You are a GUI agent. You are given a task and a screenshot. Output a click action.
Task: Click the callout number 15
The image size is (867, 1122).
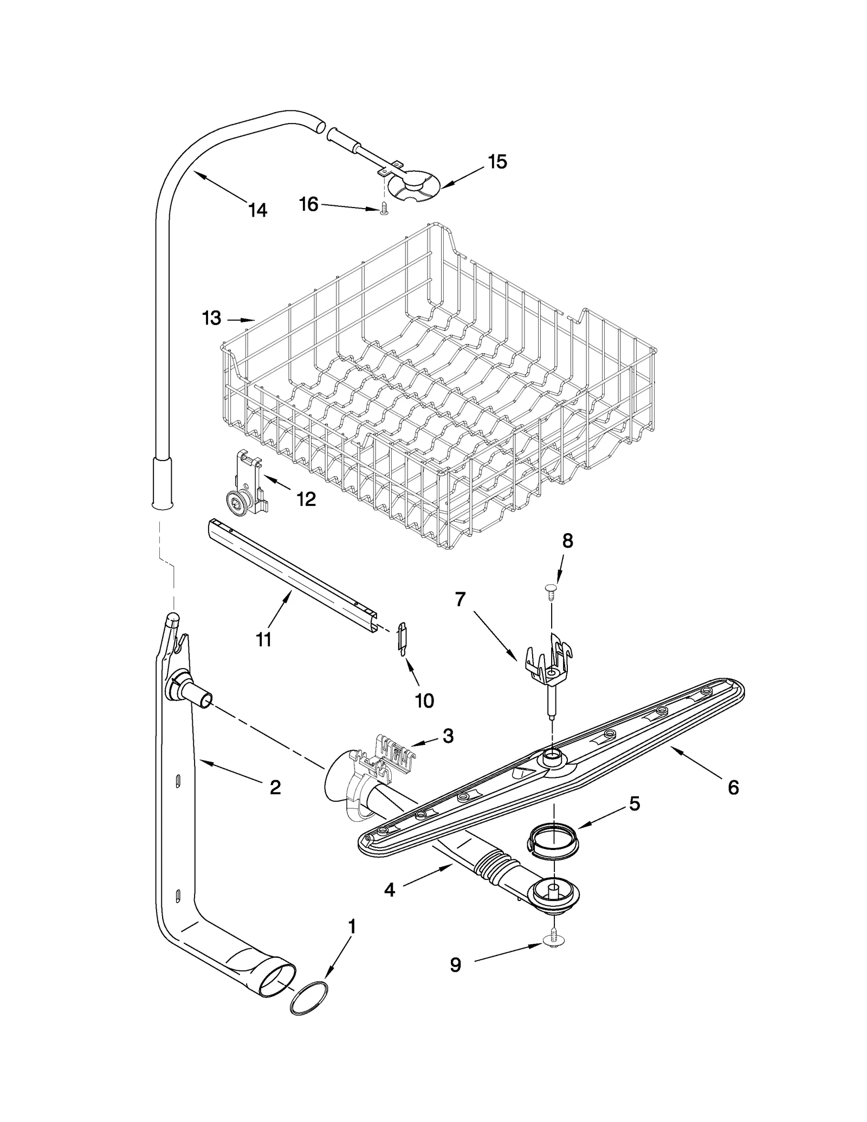(x=497, y=161)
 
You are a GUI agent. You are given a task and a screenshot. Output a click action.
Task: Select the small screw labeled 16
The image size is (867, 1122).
(x=384, y=208)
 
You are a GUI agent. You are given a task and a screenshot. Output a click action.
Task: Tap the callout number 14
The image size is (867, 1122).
(x=258, y=210)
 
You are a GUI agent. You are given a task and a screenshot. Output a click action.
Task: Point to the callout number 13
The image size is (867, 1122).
(x=211, y=318)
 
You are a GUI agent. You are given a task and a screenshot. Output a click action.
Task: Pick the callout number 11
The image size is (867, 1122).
(x=263, y=639)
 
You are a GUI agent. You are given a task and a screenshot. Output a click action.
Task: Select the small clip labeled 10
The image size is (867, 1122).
(x=402, y=640)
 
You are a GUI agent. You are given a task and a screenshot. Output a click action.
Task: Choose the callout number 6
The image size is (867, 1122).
(x=733, y=787)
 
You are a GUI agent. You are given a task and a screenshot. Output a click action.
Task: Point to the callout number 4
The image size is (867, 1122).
(x=390, y=890)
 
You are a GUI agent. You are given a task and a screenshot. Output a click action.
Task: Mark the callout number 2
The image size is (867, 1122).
(x=275, y=787)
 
